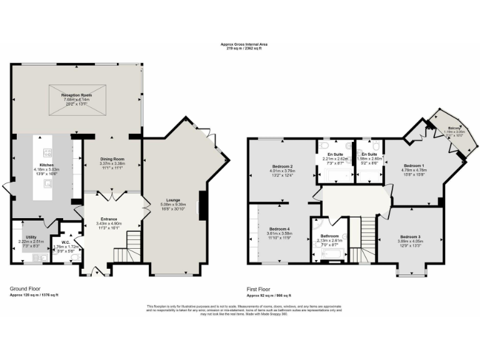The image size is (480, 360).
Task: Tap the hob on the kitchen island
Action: point(47,152)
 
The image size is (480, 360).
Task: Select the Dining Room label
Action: point(112,159)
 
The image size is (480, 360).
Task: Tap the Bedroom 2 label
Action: point(282,166)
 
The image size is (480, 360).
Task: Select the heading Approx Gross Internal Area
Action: point(240,44)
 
